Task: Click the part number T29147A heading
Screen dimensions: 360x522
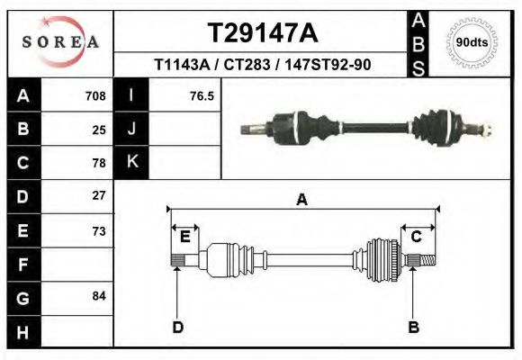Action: point(262,33)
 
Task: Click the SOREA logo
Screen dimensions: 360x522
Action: point(60,42)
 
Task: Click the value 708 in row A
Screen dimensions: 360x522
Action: point(95,95)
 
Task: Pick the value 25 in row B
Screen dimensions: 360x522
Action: point(99,130)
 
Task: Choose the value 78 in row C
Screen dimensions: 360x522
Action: point(99,163)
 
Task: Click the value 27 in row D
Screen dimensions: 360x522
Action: point(99,195)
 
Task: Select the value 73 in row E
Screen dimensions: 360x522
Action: point(99,230)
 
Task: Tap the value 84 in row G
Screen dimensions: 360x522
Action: point(99,296)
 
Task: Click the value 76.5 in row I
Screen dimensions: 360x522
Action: point(202,95)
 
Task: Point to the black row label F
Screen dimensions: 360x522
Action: point(22,265)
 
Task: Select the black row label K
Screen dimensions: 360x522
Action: point(131,163)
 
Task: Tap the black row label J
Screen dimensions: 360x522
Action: point(131,130)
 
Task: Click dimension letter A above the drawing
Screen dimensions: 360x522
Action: point(302,200)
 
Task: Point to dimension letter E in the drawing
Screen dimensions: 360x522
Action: point(184,237)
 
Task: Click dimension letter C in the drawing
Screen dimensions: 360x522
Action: point(417,237)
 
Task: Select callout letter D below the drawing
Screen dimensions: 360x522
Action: point(177,328)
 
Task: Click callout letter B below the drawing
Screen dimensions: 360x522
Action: point(414,328)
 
